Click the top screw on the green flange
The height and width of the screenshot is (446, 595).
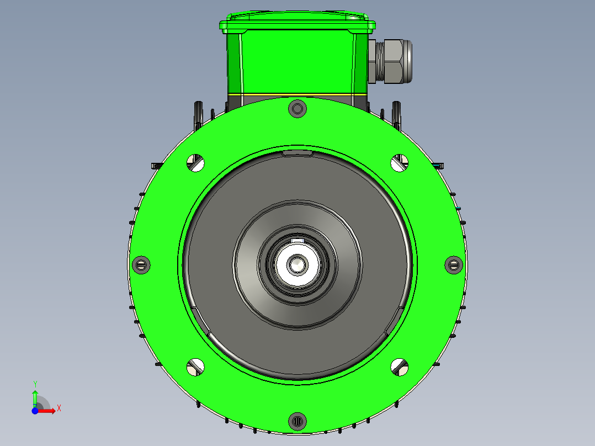[x=297, y=109]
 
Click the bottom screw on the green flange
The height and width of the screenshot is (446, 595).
[x=297, y=421]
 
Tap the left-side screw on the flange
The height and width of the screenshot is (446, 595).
[x=142, y=264]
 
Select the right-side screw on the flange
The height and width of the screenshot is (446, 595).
[x=453, y=264]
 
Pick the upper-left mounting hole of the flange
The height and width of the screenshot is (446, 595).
[x=195, y=162]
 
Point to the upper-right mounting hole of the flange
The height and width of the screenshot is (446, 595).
[x=400, y=162]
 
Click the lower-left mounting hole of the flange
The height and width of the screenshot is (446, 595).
[x=195, y=366]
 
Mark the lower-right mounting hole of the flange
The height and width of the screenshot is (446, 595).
[x=400, y=366]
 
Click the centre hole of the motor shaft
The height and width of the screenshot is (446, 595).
[x=298, y=264]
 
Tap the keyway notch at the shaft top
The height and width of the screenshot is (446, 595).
[x=298, y=241]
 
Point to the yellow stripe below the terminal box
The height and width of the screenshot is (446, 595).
[x=297, y=95]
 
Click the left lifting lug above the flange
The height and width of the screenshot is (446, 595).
[x=198, y=115]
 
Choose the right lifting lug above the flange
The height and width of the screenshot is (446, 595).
[x=396, y=115]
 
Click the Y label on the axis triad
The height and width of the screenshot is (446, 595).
[x=35, y=384]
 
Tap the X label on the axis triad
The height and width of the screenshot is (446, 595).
[x=59, y=408]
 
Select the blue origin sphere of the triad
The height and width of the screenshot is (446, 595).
[x=35, y=411]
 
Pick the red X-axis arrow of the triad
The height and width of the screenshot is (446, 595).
[x=49, y=410]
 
